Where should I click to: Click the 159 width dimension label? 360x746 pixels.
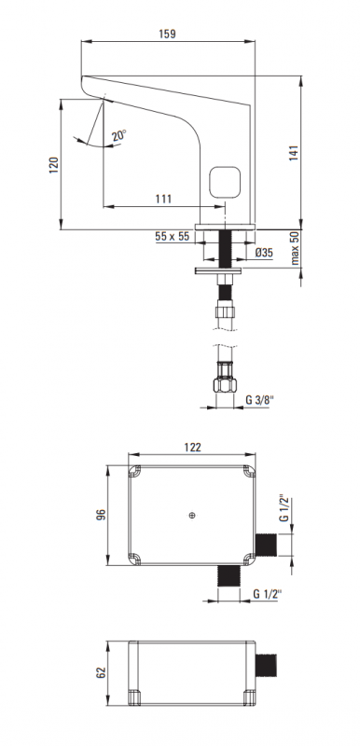point(167,34)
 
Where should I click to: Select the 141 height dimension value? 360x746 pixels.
point(294,153)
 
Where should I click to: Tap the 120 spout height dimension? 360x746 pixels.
point(54,165)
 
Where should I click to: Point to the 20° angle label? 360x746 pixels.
point(119,135)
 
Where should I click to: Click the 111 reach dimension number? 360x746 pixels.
point(163,199)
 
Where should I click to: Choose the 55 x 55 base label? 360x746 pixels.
point(173,237)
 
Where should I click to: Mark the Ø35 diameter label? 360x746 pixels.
point(264,253)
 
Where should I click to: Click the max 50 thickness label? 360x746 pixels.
point(295,248)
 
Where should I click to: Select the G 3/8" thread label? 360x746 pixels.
point(260,400)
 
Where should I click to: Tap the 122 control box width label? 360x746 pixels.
point(192,448)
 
